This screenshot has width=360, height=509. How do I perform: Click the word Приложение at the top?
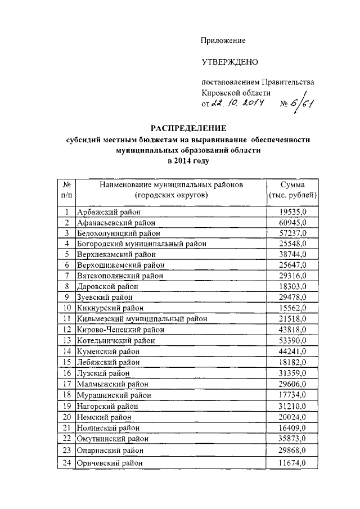224,40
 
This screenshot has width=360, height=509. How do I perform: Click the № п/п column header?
67,190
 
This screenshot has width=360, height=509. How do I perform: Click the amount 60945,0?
292,223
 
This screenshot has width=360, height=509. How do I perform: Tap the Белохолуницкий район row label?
118,233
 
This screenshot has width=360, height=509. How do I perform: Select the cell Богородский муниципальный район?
141,244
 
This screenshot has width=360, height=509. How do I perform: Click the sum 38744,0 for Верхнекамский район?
292,254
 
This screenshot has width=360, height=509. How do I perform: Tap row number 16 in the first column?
67,372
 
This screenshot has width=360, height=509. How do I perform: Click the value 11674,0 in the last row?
292,462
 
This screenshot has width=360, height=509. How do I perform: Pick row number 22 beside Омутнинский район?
67,438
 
